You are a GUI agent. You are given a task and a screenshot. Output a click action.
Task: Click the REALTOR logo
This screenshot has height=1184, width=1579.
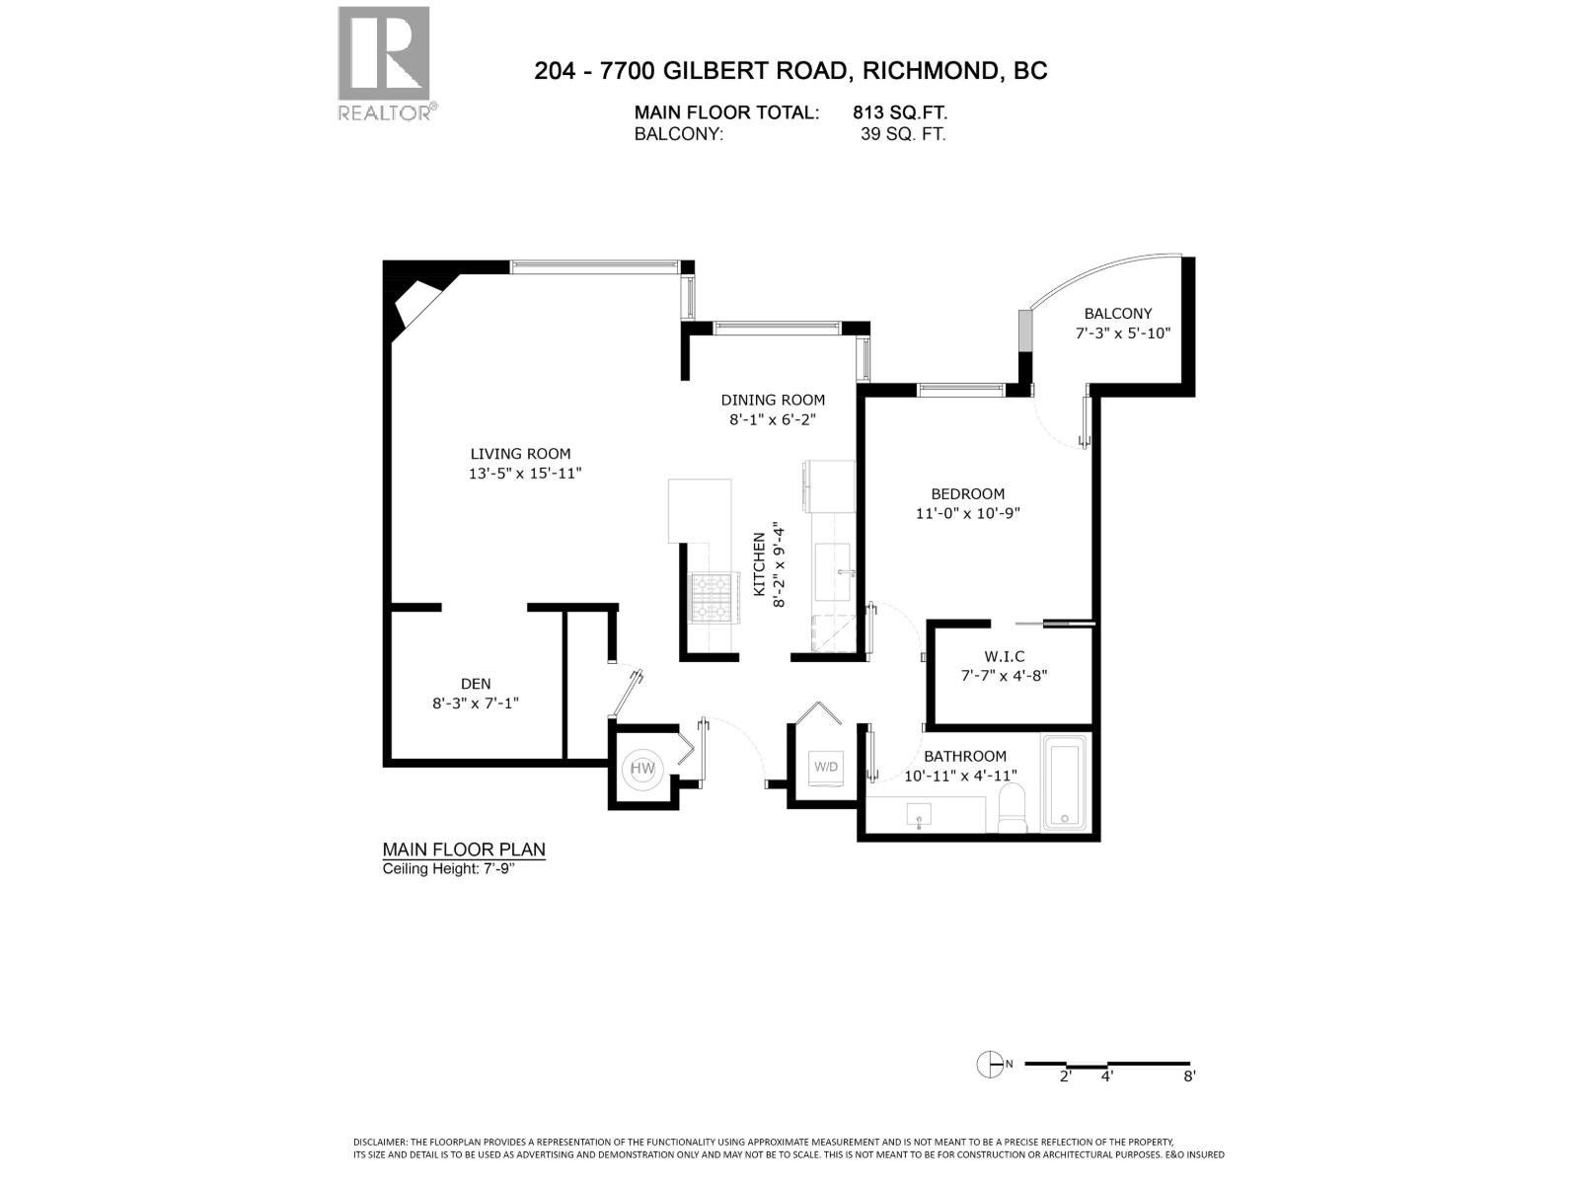pos(384,63)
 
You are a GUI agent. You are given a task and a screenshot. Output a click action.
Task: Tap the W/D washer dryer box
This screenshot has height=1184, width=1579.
pos(825,766)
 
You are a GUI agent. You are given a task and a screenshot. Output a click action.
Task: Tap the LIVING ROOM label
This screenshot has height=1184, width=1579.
pos(520,454)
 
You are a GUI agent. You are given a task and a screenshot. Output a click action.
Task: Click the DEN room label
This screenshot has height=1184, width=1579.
pos(475,684)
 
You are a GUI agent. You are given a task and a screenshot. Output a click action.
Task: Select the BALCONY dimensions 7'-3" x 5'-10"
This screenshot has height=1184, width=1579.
pos(1122,333)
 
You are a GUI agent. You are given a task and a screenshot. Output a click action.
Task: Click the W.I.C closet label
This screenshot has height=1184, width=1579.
pos(1004,656)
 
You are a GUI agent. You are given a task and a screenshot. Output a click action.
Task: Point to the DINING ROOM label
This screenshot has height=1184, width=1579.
pos(772,400)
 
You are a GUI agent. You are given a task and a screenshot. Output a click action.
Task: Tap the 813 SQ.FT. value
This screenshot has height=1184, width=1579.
pos(900,113)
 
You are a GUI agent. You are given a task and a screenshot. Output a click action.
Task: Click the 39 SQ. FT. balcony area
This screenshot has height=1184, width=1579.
pos(902,135)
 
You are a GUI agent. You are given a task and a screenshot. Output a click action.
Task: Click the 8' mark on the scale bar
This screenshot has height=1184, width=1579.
pos(1189,1075)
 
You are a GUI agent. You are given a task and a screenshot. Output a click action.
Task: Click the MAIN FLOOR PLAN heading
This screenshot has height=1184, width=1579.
pos(463,850)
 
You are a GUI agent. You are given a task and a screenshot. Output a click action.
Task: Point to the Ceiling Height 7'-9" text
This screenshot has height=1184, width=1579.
pos(449,869)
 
